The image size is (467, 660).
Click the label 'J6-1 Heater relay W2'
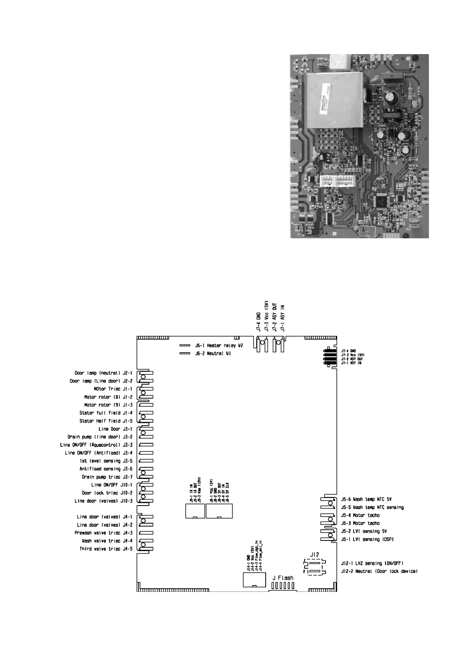pyautogui.click(x=219, y=346)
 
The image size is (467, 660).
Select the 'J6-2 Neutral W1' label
pyautogui.click(x=213, y=354)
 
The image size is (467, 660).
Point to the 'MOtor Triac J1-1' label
pyautogui.click(x=113, y=389)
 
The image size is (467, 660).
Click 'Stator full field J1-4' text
pyautogui.click(x=106, y=413)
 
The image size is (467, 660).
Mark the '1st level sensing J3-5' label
pyautogui.click(x=106, y=461)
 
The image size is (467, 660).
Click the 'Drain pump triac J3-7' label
pyautogui.click(x=107, y=477)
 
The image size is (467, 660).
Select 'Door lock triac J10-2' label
pyautogui.click(x=107, y=493)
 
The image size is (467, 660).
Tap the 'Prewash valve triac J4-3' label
pyautogui.click(x=104, y=533)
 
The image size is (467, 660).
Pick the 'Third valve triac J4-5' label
pyautogui.click(x=106, y=549)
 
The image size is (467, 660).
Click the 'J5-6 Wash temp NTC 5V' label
pyautogui.click(x=366, y=499)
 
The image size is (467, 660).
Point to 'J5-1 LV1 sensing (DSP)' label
pyautogui.click(x=367, y=539)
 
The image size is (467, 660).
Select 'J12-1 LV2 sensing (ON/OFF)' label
pyautogui.click(x=372, y=563)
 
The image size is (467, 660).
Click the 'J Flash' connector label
pyautogui.click(x=283, y=578)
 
